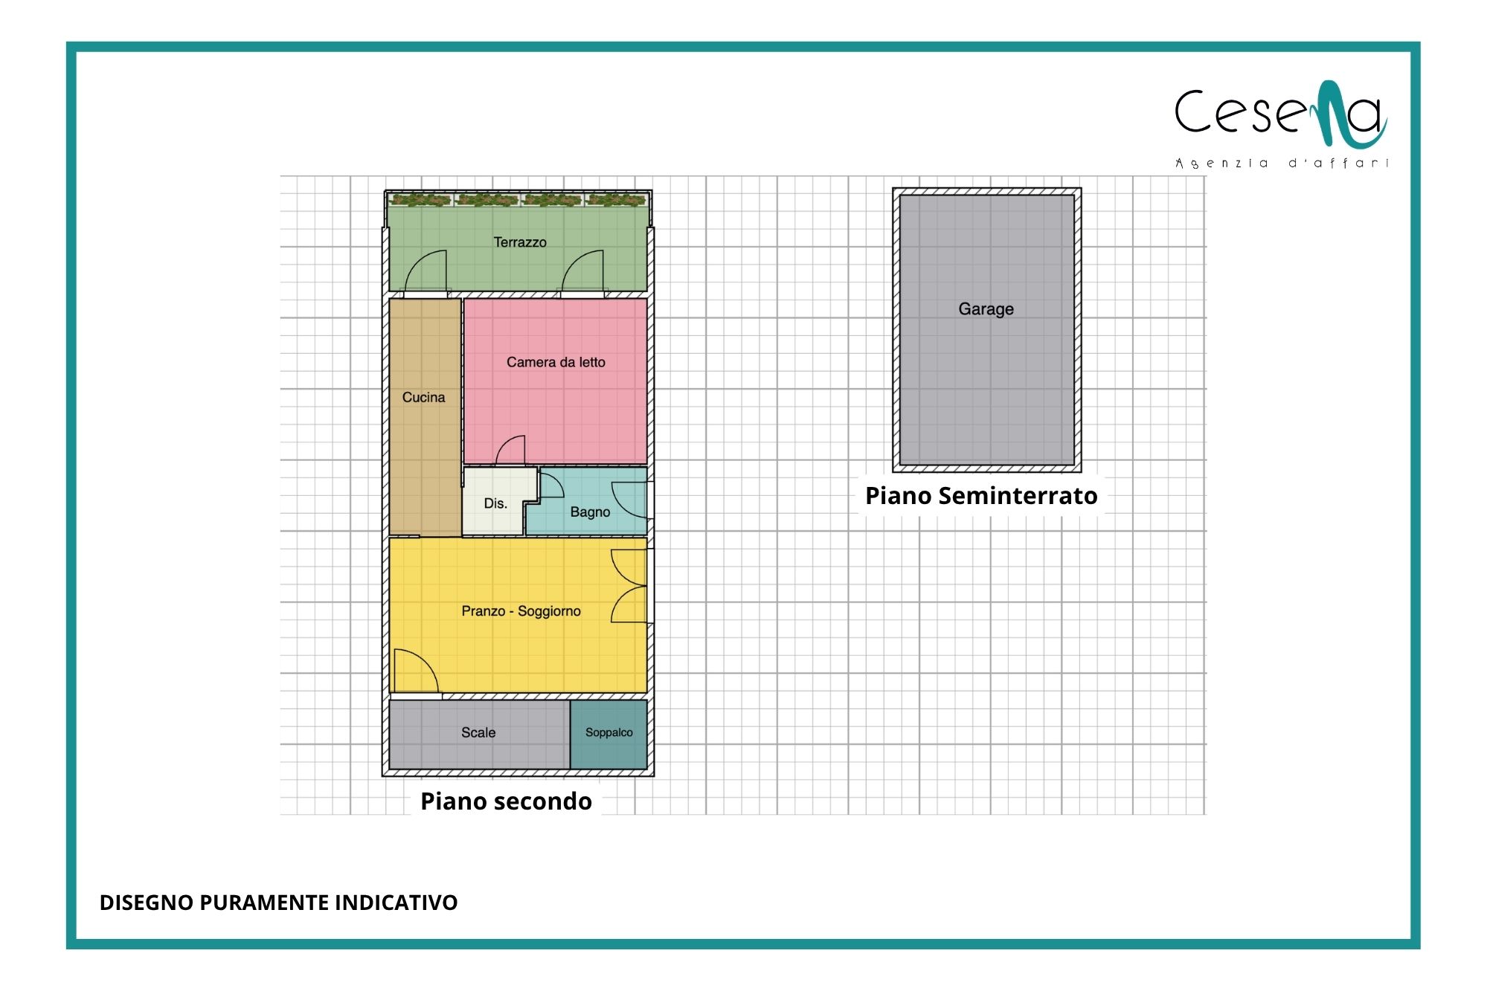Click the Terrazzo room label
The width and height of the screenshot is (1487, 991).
click(x=520, y=242)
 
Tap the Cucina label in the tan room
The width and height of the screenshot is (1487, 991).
click(x=423, y=398)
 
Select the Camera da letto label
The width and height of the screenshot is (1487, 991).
click(x=556, y=362)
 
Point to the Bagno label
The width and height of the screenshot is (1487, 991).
click(x=590, y=512)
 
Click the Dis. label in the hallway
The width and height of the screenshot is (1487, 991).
click(x=495, y=503)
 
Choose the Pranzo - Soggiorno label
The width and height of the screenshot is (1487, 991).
click(x=521, y=611)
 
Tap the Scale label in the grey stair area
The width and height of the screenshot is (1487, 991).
click(x=478, y=732)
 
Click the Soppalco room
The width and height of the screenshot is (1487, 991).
click(x=608, y=735)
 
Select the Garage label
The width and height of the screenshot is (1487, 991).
click(x=986, y=309)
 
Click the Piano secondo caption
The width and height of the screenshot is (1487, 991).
click(x=506, y=801)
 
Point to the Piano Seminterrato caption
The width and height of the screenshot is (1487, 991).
click(x=981, y=496)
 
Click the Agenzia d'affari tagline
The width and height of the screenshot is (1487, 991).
click(x=1282, y=163)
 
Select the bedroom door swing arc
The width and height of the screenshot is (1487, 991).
click(x=510, y=450)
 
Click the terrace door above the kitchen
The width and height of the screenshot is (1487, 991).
click(x=425, y=272)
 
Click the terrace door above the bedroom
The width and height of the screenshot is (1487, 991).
click(x=582, y=272)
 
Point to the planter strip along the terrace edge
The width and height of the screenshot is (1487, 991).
click(x=518, y=199)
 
